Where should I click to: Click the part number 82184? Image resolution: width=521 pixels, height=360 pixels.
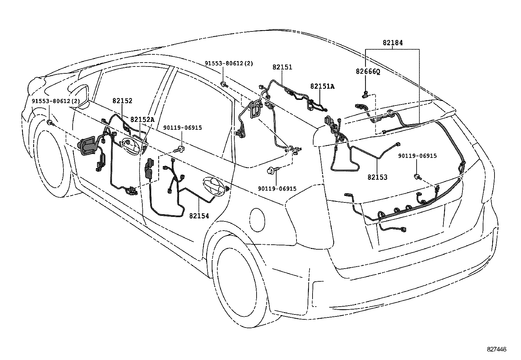click(x=393, y=43)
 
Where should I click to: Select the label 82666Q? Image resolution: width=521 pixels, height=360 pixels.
click(x=368, y=71)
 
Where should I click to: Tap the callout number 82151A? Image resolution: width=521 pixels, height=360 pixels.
click(x=322, y=86)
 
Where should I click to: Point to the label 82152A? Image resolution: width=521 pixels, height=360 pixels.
click(x=142, y=120)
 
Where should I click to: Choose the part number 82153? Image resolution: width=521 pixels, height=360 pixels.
click(x=377, y=177)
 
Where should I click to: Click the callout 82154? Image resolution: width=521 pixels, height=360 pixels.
click(x=199, y=216)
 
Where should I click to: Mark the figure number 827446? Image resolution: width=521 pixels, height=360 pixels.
click(x=496, y=349)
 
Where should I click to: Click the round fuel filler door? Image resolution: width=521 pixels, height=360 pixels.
click(x=257, y=220)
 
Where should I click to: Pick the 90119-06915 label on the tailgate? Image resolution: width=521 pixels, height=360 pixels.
click(x=417, y=156)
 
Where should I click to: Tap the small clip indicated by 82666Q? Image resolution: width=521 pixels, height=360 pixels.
click(x=365, y=94)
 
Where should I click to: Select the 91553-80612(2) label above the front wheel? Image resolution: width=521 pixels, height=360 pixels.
click(x=56, y=101)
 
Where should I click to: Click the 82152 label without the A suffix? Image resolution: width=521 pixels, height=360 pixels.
click(x=122, y=101)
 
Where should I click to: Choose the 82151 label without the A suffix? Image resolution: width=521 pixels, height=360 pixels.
click(x=282, y=67)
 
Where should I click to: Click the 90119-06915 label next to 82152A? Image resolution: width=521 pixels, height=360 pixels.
click(x=182, y=128)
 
